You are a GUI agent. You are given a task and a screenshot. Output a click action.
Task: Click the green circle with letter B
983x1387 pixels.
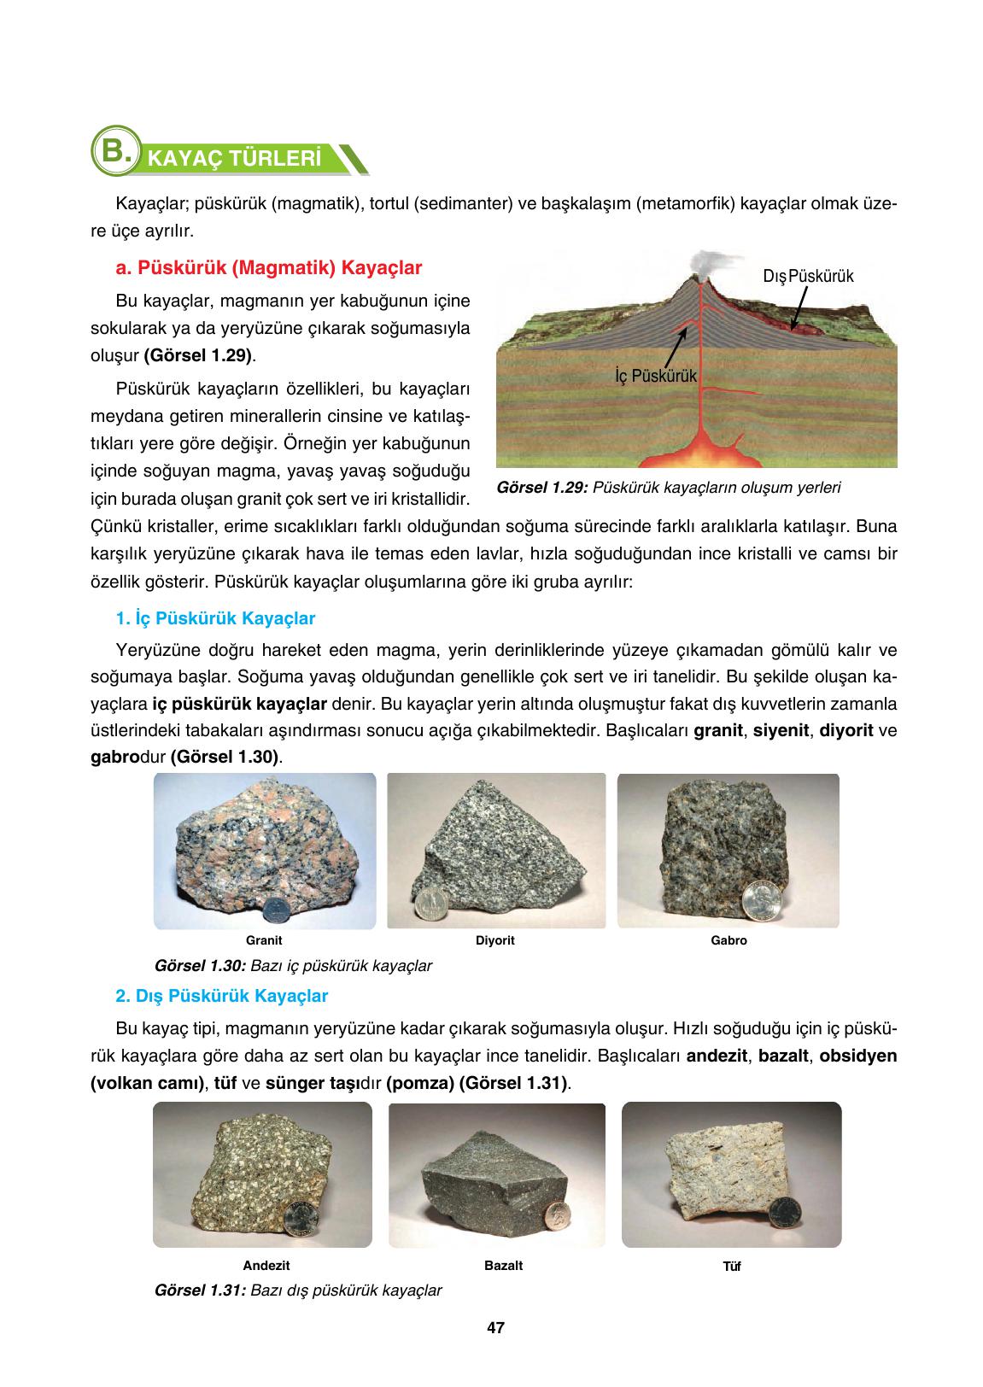coord(115,153)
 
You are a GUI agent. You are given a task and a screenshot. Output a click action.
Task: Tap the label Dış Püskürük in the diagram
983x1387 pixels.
coord(808,276)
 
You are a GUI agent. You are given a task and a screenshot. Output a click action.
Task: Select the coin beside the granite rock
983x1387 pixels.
coord(275,909)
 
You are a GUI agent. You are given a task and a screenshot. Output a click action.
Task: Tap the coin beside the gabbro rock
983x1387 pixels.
coord(758,898)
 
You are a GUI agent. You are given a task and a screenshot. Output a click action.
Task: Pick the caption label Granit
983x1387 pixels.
coord(264,941)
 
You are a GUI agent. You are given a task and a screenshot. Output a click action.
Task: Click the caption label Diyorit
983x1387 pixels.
coord(495,941)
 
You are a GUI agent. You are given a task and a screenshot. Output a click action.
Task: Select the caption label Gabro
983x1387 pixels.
coord(728,941)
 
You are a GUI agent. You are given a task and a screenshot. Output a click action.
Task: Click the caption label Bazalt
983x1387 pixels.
coord(503,1266)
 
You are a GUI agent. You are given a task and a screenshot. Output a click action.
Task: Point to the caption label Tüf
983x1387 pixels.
coord(732,1267)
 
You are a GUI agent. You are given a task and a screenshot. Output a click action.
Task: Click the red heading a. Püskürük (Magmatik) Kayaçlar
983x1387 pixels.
coord(269,268)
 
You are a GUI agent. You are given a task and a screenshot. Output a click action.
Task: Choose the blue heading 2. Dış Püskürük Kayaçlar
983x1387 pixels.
coord(222,996)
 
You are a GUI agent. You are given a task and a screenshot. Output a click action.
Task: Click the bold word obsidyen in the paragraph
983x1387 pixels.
coord(858,1056)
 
